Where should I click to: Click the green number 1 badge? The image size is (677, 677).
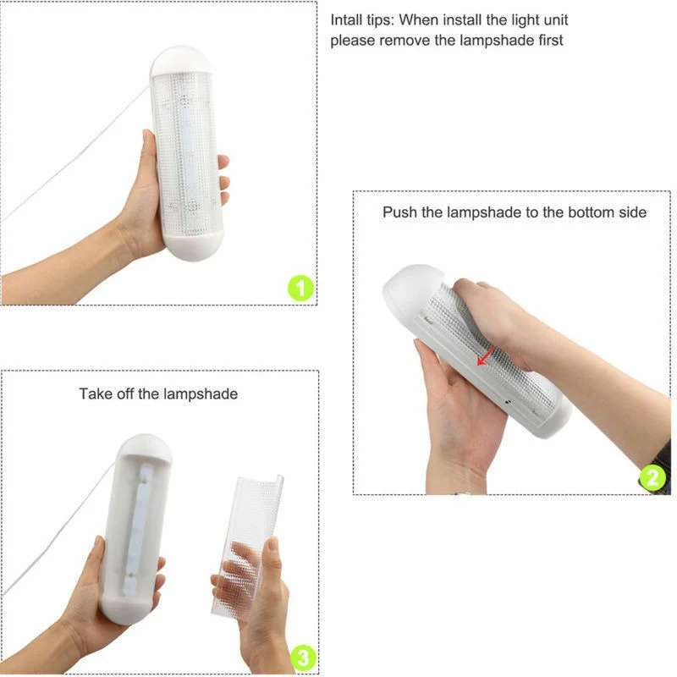[x=301, y=288]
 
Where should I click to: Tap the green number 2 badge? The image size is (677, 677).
[x=652, y=477]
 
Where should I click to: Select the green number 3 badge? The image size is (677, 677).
[x=304, y=658]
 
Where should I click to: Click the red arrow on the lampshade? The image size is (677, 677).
[x=485, y=356]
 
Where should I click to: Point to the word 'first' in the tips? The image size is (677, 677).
[x=551, y=40]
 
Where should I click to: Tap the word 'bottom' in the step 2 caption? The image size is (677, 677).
[x=591, y=212]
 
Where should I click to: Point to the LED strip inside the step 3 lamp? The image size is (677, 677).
[x=136, y=528]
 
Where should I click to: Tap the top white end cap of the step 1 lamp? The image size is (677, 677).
[x=181, y=60]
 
